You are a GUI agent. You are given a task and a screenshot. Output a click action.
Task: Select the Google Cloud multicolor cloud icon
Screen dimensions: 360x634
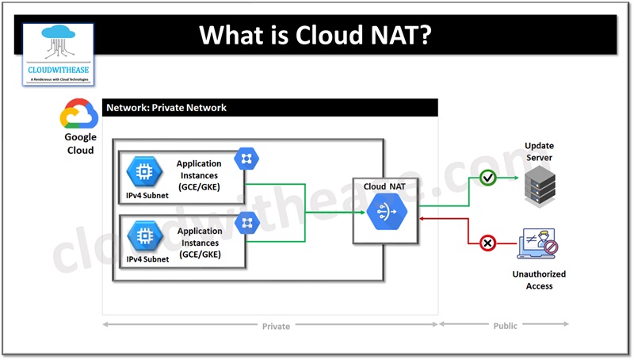[78, 116]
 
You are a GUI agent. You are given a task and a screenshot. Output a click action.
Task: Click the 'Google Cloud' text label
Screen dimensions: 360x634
[79, 144]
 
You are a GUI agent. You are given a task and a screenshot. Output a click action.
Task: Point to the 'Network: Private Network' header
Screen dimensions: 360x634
[166, 107]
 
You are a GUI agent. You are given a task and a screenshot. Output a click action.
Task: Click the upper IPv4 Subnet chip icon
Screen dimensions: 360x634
[145, 172]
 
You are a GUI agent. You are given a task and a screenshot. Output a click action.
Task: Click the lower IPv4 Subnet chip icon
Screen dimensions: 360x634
[145, 235]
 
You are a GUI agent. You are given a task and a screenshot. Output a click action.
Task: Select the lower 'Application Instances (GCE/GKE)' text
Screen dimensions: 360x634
[199, 243]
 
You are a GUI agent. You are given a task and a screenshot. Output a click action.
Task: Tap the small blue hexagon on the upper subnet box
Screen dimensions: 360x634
[245, 159]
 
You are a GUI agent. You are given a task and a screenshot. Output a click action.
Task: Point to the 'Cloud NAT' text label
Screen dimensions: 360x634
[386, 186]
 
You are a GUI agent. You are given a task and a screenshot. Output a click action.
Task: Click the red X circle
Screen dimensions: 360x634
[488, 243]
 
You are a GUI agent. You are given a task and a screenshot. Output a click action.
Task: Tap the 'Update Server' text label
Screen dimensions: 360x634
[539, 151]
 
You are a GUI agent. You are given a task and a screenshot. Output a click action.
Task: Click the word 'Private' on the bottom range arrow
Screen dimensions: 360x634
[276, 326]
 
